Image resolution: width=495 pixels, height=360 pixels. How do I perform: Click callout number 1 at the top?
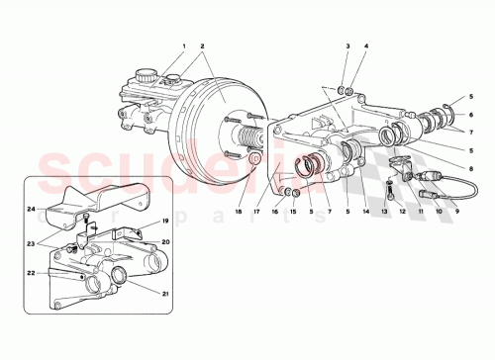click(183, 46)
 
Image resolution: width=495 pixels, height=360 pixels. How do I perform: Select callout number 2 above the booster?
click(202, 46)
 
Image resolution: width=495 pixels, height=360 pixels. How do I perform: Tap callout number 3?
click(348, 46)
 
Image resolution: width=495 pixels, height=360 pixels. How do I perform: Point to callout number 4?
click(365, 46)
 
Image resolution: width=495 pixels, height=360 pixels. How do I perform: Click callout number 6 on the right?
click(470, 115)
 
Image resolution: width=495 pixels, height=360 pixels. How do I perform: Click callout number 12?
click(404, 210)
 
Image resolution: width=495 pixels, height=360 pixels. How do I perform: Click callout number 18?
click(240, 210)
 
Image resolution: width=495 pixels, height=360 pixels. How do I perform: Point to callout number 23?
click(32, 242)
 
